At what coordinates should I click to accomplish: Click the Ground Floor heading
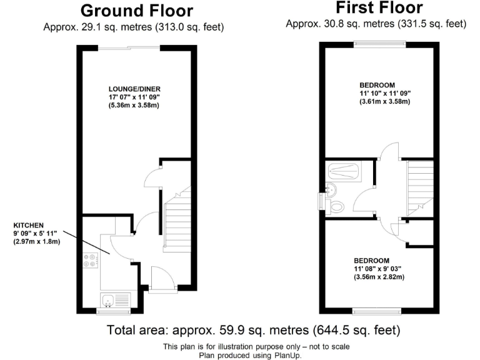click(137, 11)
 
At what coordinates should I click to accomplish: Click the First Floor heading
click(379, 8)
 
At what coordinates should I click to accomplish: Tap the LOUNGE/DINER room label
click(133, 88)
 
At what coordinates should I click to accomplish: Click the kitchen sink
click(107, 299)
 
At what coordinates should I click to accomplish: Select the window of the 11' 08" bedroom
click(377, 311)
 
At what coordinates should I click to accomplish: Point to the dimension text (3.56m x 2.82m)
click(379, 277)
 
